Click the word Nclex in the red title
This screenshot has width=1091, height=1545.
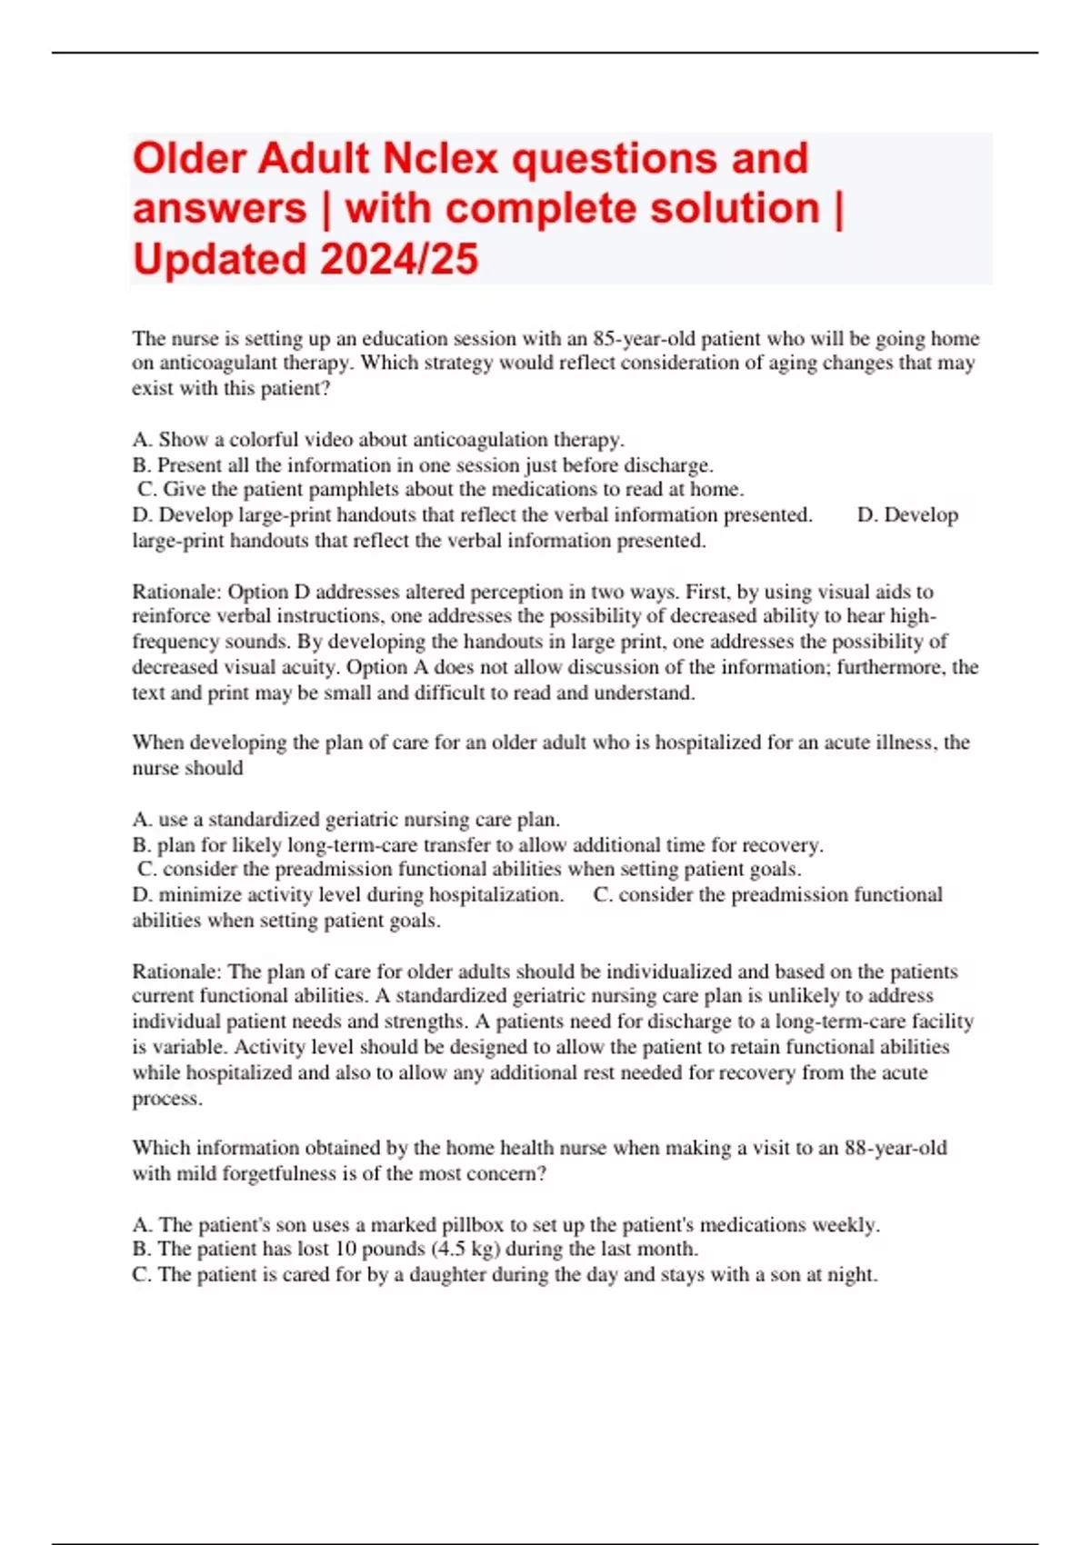click(440, 159)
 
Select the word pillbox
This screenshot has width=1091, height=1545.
click(475, 1225)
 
